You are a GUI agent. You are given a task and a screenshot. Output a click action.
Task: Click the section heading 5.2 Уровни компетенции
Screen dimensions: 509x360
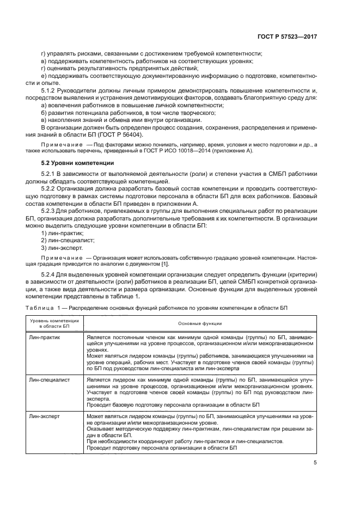pos(78,163)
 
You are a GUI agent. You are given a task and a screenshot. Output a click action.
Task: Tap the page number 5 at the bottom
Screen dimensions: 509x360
pos(316,463)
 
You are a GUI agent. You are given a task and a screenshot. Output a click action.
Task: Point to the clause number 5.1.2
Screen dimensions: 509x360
pos(50,90)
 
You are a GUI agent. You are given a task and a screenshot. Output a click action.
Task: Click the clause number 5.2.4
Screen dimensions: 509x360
pos(50,274)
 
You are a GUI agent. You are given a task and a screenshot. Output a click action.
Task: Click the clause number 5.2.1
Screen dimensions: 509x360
pos(50,174)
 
